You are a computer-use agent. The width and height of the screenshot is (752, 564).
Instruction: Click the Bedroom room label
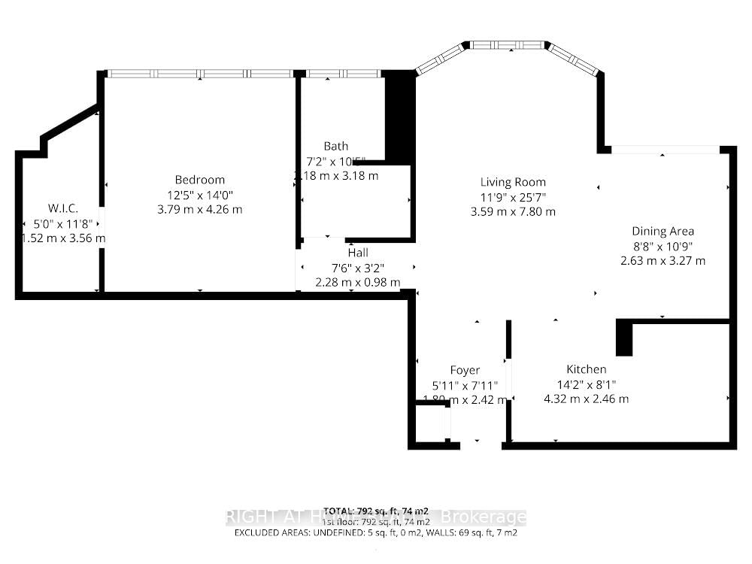pos(199,180)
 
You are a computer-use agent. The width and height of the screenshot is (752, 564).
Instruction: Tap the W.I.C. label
pos(63,208)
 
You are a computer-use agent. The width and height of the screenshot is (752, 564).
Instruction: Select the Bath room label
pos(336,146)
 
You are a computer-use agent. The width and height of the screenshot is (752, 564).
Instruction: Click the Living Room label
pos(513,182)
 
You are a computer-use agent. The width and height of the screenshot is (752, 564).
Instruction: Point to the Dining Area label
pos(663,232)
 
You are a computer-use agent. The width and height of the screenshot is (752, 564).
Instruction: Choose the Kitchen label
pos(586,369)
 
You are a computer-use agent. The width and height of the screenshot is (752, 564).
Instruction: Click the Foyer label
pos(465,370)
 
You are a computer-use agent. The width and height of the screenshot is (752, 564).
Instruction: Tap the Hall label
pos(358,253)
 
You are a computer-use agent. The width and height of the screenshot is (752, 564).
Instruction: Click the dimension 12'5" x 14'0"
pos(199,195)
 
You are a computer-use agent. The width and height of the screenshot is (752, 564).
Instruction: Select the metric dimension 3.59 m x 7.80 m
pos(513,211)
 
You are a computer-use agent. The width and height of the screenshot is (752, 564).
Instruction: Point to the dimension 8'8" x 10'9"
pos(663,246)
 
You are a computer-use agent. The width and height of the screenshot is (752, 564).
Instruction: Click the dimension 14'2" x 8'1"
pos(586,384)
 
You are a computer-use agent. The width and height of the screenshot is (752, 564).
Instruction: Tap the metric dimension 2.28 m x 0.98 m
pos(357,282)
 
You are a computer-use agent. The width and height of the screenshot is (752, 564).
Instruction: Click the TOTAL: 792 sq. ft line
pos(376,511)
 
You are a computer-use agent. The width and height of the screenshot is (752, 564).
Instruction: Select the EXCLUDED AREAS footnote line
pos(376,532)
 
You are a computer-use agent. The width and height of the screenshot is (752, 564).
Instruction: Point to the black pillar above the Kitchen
pos(624,338)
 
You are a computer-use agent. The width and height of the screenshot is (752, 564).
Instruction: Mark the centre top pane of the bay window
pos(509,46)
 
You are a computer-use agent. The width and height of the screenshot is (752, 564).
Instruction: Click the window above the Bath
pos(343,74)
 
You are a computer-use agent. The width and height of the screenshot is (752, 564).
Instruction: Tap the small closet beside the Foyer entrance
pos(432,423)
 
